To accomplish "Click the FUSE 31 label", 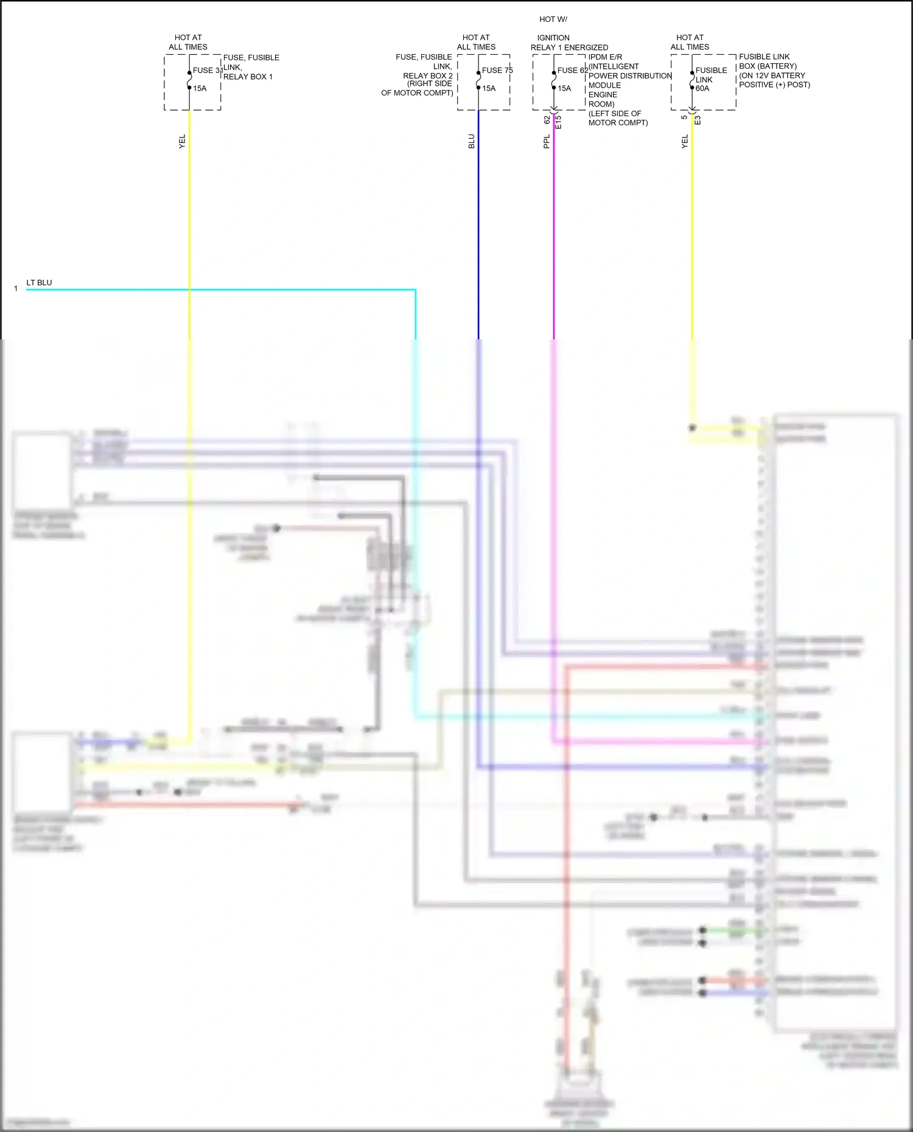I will point(206,71).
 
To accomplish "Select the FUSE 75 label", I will point(497,71).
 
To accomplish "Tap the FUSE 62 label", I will point(572,71).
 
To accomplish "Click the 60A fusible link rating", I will point(702,89).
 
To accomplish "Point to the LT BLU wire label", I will point(39,283).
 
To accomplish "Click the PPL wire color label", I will point(547,142).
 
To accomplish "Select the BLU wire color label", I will point(472,142).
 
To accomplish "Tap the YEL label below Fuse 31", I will point(182,142).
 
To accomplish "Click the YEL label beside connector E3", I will point(685,142).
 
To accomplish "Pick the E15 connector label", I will point(559,121).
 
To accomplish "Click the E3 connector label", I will point(698,120).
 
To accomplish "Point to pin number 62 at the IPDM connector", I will point(547,120).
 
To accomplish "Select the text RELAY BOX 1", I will point(248,77).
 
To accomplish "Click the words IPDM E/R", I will point(605,57).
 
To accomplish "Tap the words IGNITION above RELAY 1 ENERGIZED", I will point(553,38).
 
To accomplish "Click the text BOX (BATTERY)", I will point(768,66).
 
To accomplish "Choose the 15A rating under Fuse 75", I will point(489,89).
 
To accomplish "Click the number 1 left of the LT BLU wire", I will point(16,289).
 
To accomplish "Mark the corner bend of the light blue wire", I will point(416,290).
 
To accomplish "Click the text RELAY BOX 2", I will point(427,76).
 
